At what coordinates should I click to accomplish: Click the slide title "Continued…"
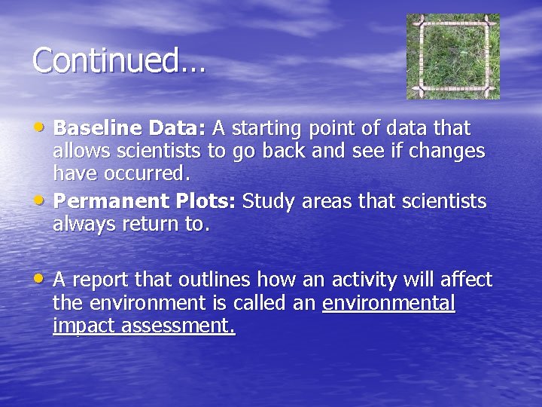click(x=119, y=60)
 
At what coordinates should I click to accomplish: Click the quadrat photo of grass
click(x=453, y=57)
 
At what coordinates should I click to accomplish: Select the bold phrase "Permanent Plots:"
click(x=145, y=201)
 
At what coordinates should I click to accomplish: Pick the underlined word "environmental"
click(x=388, y=303)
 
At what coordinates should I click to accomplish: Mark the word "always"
click(x=81, y=225)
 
